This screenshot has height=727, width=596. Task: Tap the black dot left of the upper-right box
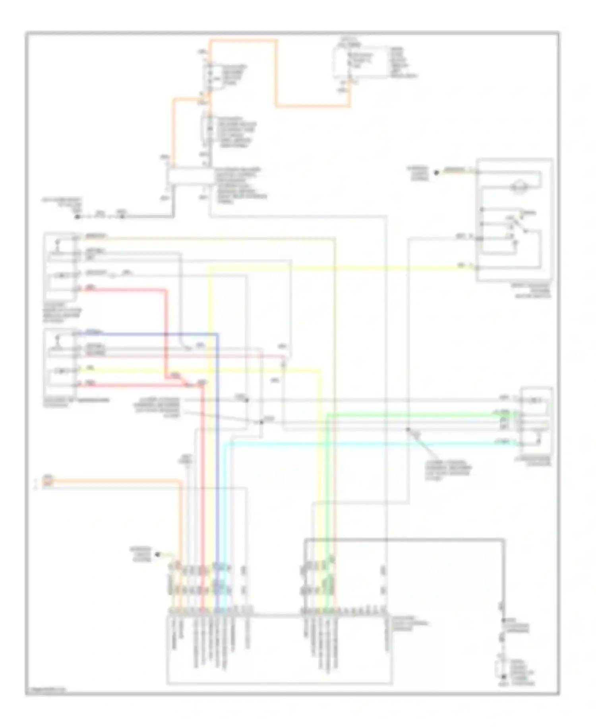pos(436,173)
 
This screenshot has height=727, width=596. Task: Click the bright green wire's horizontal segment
pos(417,415)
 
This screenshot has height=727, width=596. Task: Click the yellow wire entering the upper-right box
pos(358,269)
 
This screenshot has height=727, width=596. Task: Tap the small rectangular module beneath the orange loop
pos(190,177)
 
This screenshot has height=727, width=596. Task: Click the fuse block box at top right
pos(361,62)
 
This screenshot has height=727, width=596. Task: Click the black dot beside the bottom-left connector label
pos(157,554)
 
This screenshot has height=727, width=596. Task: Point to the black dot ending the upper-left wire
pos(78,217)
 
